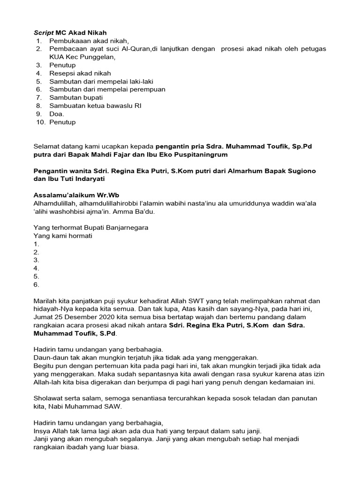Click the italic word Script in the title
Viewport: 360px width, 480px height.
[44, 33]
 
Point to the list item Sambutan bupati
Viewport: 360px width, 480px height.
[75, 98]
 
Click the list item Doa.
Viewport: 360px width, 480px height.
[57, 114]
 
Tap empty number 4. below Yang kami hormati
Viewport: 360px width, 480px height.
[37, 268]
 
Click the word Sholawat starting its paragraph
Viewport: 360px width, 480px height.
[49, 398]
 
